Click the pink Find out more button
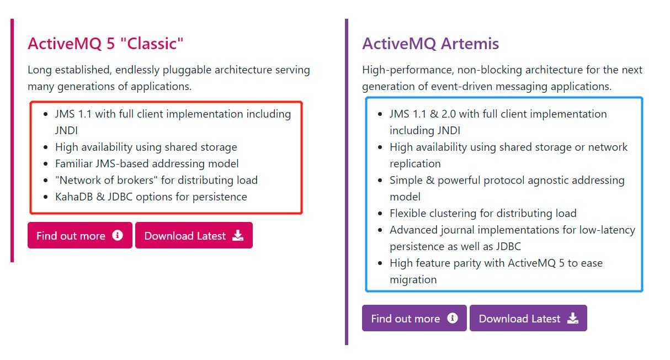(80, 235)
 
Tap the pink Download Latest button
(194, 235)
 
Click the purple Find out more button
(414, 318)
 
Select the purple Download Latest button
(528, 318)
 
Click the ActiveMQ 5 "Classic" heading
(105, 44)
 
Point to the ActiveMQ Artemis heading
(430, 44)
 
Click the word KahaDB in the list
(74, 197)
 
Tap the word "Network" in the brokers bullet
(78, 180)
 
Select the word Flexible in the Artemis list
(408, 213)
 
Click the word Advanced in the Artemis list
(414, 230)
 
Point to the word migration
(413, 279)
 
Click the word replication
(415, 163)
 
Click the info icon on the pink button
(118, 235)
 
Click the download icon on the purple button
(573, 318)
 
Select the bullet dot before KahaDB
(45, 197)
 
